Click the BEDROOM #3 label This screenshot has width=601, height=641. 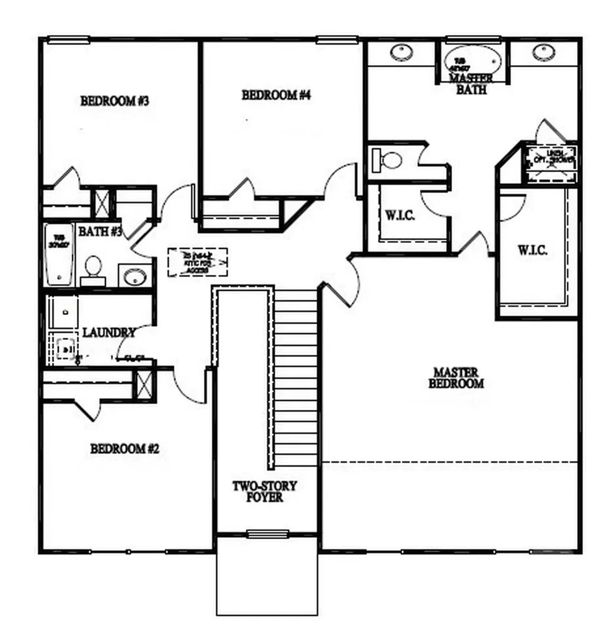(x=114, y=101)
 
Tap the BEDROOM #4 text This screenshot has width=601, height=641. (x=276, y=95)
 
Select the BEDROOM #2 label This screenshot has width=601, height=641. (x=125, y=449)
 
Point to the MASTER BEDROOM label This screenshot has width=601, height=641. (x=456, y=377)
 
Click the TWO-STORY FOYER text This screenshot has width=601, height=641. (x=265, y=491)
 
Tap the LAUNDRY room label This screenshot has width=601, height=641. (x=109, y=332)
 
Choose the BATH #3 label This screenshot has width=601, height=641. (x=99, y=232)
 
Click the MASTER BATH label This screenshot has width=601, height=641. (x=472, y=84)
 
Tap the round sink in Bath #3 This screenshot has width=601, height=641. (x=134, y=275)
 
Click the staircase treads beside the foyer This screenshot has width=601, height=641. (x=296, y=376)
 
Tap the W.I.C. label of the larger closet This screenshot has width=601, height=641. (x=532, y=250)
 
